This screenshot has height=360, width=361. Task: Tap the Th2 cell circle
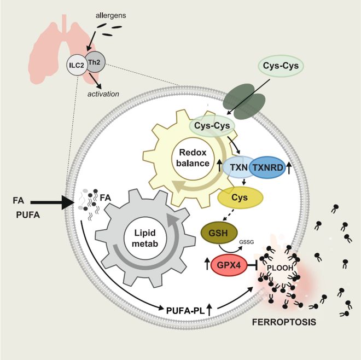(x=92, y=62)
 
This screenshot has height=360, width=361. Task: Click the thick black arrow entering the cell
(x=55, y=202)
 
